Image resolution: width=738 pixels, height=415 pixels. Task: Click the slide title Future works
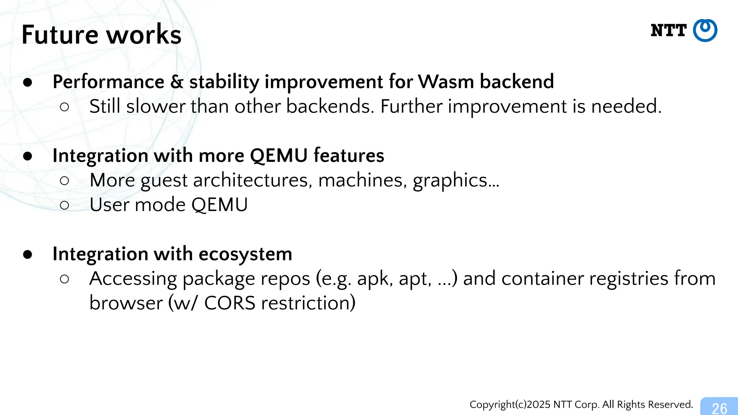click(x=101, y=35)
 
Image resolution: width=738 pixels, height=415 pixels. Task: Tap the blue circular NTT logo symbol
click(x=705, y=31)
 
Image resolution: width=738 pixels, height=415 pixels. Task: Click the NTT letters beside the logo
click(x=668, y=31)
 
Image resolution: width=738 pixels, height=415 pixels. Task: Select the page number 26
click(x=719, y=408)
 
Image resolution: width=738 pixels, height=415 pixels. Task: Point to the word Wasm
click(x=446, y=82)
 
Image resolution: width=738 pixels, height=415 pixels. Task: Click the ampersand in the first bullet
click(x=177, y=82)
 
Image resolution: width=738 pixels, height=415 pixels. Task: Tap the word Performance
click(x=108, y=82)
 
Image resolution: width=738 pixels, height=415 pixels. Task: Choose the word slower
click(x=156, y=107)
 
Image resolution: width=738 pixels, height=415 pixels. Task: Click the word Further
click(x=411, y=107)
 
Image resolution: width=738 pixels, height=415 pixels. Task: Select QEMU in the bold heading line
click(x=279, y=156)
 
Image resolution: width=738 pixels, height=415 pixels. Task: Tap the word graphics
click(x=450, y=180)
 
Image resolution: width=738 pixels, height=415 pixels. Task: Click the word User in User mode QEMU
click(x=110, y=205)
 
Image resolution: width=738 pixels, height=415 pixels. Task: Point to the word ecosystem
click(x=245, y=254)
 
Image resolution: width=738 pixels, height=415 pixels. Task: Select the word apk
click(x=374, y=279)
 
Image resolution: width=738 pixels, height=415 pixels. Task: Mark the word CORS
click(x=230, y=303)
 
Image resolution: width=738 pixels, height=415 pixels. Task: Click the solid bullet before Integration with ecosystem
click(x=28, y=254)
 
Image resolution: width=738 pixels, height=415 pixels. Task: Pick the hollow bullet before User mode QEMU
click(x=65, y=205)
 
